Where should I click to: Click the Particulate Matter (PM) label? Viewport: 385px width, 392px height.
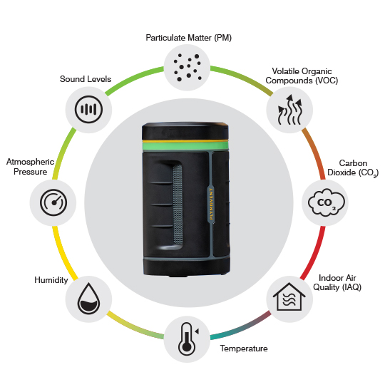[189, 38]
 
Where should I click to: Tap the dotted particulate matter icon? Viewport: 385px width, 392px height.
[188, 68]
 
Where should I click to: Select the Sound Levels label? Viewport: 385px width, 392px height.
[86, 79]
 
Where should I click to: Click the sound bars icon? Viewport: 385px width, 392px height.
[88, 110]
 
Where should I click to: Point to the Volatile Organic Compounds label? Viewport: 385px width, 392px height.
[302, 76]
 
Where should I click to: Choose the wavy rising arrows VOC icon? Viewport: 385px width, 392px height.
[290, 110]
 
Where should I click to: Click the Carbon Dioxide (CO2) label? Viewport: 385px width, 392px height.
[353, 168]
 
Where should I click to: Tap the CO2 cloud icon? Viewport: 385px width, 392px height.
[327, 202]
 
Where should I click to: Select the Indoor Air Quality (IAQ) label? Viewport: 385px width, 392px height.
[337, 282]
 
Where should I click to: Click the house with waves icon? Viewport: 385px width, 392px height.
[289, 296]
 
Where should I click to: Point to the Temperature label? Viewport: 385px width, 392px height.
[244, 349]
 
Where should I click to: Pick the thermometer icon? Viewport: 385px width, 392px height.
[187, 339]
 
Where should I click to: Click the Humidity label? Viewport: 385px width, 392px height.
[51, 280]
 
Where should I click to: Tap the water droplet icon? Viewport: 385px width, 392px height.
[88, 299]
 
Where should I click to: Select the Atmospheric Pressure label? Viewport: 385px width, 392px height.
[30, 167]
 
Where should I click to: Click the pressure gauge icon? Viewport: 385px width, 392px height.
[53, 202]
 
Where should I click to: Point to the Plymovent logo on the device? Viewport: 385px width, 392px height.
[211, 204]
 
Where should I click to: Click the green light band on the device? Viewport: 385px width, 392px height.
[185, 145]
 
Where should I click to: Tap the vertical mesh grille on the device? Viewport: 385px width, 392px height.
[178, 205]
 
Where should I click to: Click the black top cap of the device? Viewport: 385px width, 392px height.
[185, 132]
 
